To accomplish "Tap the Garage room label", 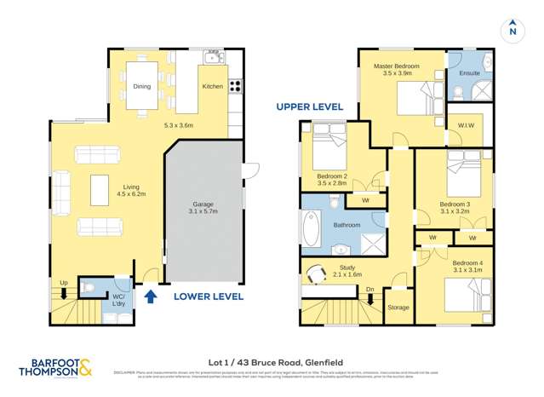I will click(x=203, y=210).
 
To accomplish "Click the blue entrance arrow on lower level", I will click(x=151, y=296).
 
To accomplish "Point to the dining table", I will click(x=142, y=86).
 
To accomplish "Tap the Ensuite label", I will click(x=469, y=73).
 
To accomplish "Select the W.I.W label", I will click(x=467, y=127).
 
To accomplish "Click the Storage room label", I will click(x=398, y=307).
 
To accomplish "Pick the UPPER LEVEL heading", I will click(x=309, y=106).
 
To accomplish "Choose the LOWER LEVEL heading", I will click(x=209, y=296).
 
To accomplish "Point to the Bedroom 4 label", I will click(x=467, y=267).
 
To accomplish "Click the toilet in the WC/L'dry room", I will click(x=91, y=289).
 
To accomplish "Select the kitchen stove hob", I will click(x=235, y=86).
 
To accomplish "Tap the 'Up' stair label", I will click(x=63, y=283).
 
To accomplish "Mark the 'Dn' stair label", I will click(x=369, y=290).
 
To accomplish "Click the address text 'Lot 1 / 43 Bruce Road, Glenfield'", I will click(x=271, y=360).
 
